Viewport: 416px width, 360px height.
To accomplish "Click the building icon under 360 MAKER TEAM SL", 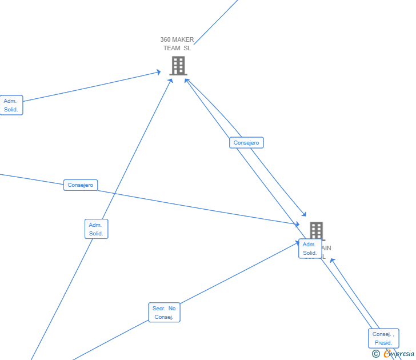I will pos(178,66).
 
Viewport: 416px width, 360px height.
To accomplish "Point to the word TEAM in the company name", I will pos(171,48).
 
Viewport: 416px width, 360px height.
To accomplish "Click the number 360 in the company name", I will pos(165,40).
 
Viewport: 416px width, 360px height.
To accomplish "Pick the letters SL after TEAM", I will pos(187,48).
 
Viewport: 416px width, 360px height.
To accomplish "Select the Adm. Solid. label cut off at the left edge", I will pos(11,105).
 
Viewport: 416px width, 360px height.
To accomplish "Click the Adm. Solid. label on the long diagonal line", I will pos(96,229).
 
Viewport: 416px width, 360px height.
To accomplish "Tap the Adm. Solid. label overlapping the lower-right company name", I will pos(310,249).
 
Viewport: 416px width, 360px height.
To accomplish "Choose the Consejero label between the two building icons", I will pos(246,143).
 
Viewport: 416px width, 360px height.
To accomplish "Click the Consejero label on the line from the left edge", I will pos(81,185).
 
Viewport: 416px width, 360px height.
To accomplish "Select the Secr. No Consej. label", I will pos(164,313).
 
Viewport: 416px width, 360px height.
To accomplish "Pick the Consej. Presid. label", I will pos(383,338).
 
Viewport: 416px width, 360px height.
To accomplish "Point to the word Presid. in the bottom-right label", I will pos(383,343).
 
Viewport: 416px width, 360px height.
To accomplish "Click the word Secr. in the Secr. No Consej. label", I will pos(158,309).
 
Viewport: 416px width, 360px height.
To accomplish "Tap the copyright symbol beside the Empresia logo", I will pos(375,354).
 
